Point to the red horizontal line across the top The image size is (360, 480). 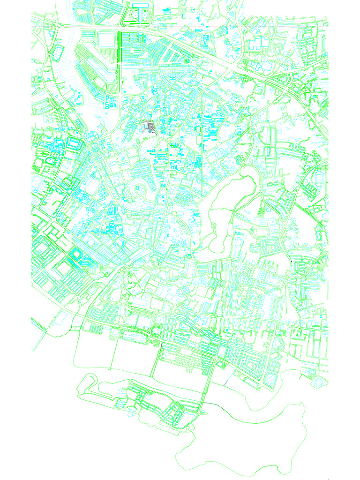click(187, 25)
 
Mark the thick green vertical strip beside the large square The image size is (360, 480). click(120, 61)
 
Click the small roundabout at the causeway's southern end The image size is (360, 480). click(203, 413)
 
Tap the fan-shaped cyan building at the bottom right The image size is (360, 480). click(318, 382)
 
